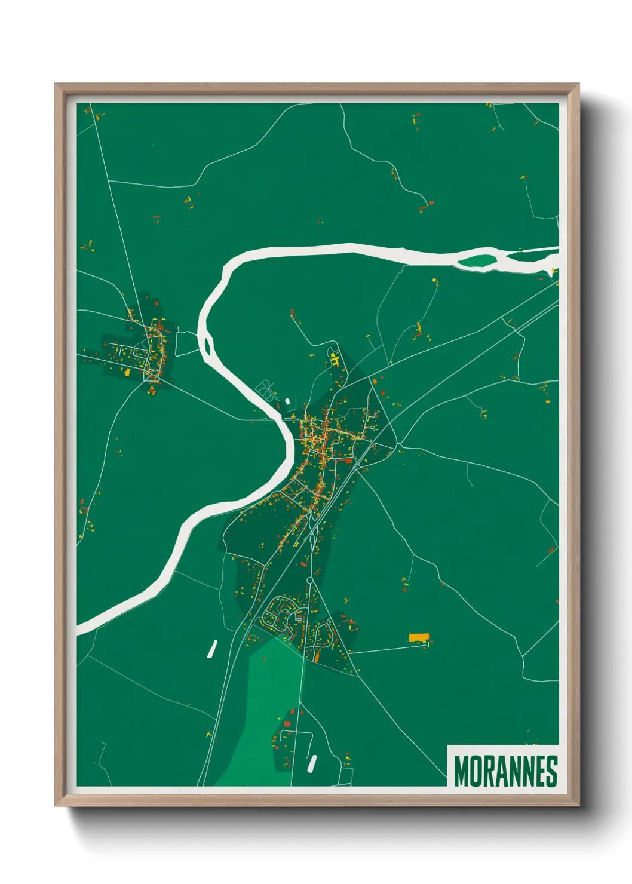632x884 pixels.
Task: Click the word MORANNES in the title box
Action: pos(505,771)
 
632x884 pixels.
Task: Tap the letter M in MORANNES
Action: pos(462,771)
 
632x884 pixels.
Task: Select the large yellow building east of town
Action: pos(419,637)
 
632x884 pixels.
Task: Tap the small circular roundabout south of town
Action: pos(309,580)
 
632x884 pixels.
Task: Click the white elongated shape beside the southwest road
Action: pos(212,649)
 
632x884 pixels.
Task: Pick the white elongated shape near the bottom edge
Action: pos(312,762)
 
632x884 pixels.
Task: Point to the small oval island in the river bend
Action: pos(208,345)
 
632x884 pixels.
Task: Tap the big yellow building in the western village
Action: pos(127,372)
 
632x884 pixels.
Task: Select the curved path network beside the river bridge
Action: pos(266,391)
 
